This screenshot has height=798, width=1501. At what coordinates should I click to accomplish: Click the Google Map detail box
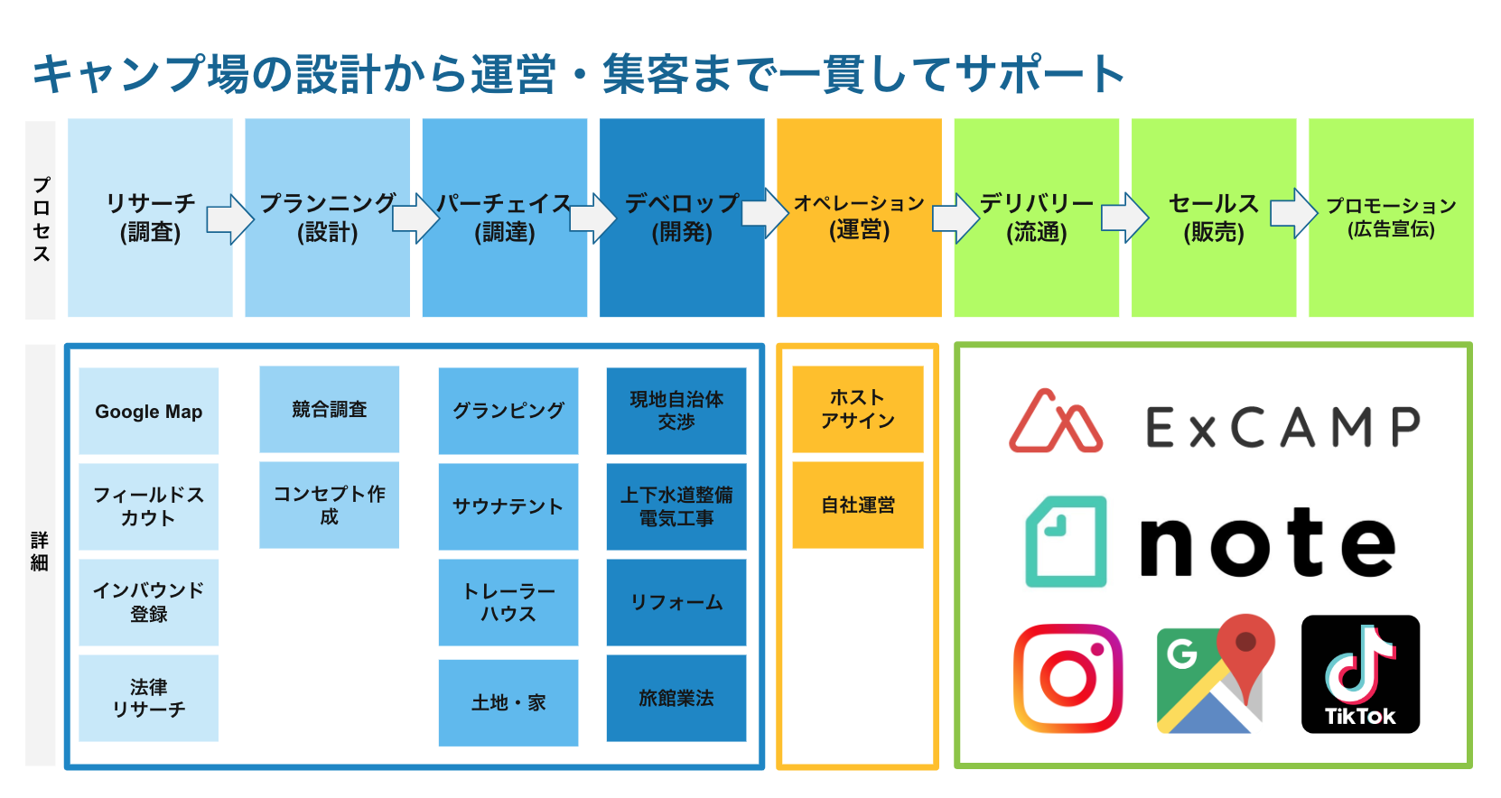[x=149, y=411]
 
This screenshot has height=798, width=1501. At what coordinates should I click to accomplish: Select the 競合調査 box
[x=329, y=409]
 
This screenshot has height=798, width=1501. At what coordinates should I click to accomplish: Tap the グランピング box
[x=508, y=411]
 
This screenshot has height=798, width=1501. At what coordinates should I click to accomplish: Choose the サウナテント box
[x=508, y=506]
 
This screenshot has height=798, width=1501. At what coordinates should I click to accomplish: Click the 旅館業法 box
[x=676, y=698]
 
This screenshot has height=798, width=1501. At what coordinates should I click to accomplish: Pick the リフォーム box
[x=676, y=602]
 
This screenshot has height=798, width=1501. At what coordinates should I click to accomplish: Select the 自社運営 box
[x=857, y=505]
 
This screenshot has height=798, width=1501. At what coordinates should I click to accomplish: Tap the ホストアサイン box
[x=857, y=409]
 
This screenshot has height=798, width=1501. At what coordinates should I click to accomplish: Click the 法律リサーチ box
[x=149, y=698]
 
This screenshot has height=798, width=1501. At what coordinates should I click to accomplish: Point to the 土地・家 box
[x=508, y=702]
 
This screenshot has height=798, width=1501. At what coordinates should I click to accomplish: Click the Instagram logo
[x=1067, y=677]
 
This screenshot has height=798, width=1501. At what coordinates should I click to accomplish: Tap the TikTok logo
[x=1360, y=673]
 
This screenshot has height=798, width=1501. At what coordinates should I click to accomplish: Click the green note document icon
[x=1067, y=542]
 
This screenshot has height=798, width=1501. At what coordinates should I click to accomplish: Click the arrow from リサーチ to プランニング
[x=229, y=219]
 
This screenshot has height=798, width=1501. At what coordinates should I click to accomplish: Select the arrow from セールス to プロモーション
[x=1293, y=213]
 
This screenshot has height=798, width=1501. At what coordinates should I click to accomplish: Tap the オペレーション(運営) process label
[x=859, y=217]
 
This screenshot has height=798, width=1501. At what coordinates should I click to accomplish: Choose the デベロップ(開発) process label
[x=682, y=218]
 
